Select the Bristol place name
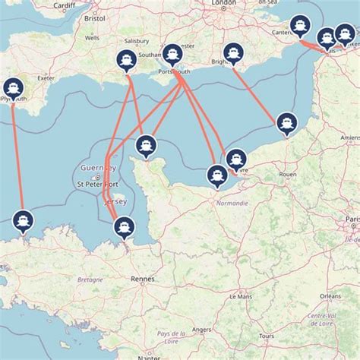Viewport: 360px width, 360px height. [96, 17]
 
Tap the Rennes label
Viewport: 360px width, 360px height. [142, 279]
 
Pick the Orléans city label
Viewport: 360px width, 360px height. [330, 295]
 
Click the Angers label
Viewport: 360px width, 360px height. [202, 330]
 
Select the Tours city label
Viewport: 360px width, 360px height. [266, 335]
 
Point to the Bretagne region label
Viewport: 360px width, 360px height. [90, 279]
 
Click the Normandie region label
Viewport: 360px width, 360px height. [232, 204]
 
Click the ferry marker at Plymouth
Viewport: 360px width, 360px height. [12, 88]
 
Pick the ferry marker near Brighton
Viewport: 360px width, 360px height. [232, 52]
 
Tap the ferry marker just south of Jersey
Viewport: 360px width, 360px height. [123, 226]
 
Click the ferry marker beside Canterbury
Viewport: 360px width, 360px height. [299, 26]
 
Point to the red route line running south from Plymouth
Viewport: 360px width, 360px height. [18, 152]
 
